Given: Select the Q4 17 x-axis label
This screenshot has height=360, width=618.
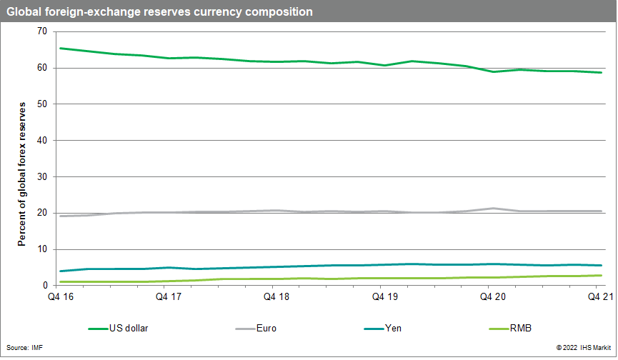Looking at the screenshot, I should click(166, 296).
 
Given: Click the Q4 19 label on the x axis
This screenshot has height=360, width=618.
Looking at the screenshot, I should click(382, 296).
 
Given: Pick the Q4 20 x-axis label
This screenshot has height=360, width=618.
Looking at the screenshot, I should click(491, 296).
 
